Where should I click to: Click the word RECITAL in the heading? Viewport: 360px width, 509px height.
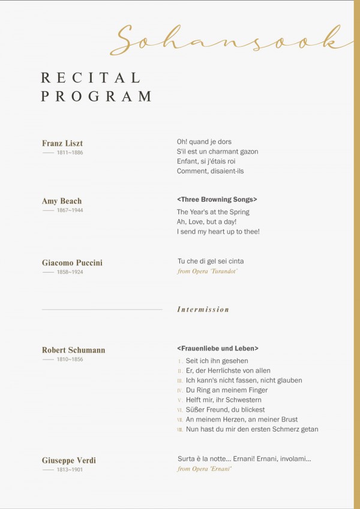90,77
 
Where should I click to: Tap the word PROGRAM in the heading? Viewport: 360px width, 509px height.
96,96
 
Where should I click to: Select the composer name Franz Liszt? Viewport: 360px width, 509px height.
62,143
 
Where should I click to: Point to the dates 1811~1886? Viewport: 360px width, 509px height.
70,153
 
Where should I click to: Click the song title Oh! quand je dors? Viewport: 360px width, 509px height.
204,142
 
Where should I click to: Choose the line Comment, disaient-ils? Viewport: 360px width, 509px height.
210,171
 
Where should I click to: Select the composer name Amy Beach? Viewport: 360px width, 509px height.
62,201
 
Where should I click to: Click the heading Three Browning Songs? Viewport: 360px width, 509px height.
217,199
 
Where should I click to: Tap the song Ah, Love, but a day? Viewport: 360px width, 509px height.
206,221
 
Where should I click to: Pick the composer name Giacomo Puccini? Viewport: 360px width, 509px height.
72,263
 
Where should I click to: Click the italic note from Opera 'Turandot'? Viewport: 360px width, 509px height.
208,271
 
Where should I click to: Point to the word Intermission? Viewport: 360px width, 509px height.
203,310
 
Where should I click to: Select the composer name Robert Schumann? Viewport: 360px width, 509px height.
73,350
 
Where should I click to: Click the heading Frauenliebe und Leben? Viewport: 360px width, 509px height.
218,348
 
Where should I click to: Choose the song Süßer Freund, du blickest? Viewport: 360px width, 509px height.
225,409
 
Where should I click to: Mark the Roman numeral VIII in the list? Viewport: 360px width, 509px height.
180,430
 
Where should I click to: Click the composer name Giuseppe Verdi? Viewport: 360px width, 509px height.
69,460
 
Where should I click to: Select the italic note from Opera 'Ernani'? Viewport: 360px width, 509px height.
205,469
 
